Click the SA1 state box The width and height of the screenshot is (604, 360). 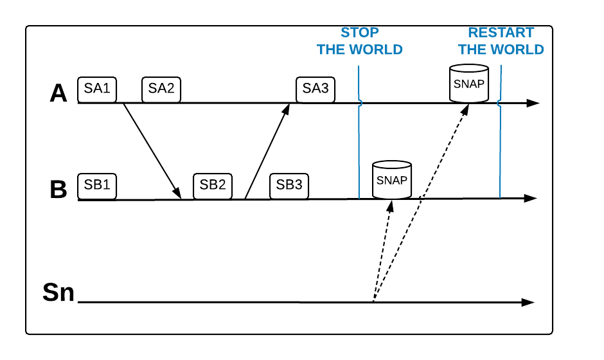pyautogui.click(x=97, y=89)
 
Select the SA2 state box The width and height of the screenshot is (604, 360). pyautogui.click(x=161, y=89)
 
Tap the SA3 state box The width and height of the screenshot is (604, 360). pyautogui.click(x=315, y=89)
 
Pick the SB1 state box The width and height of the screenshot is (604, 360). pyautogui.click(x=97, y=185)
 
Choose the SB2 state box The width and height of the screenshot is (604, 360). pyautogui.click(x=213, y=185)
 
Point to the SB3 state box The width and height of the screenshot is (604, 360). pyautogui.click(x=289, y=185)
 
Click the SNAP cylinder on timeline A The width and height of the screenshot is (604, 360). pyautogui.click(x=469, y=84)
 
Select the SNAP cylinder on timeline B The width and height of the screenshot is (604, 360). pyautogui.click(x=392, y=180)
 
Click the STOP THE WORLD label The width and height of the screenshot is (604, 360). pyautogui.click(x=360, y=41)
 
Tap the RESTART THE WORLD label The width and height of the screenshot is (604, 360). pyautogui.click(x=501, y=41)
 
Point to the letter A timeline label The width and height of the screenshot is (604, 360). pyautogui.click(x=58, y=94)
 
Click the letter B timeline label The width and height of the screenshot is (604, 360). pyautogui.click(x=58, y=190)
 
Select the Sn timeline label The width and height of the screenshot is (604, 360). pyautogui.click(x=58, y=292)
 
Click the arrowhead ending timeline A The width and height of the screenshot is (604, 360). pyautogui.click(x=533, y=103)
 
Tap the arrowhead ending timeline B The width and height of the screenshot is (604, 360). pyautogui.click(x=531, y=199)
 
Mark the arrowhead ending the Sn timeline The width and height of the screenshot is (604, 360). pyautogui.click(x=528, y=302)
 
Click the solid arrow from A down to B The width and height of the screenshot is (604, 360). pyautogui.click(x=152, y=150)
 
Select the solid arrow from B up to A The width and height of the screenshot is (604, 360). pyautogui.click(x=267, y=150)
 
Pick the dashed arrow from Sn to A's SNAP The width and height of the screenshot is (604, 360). pyautogui.click(x=422, y=202)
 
